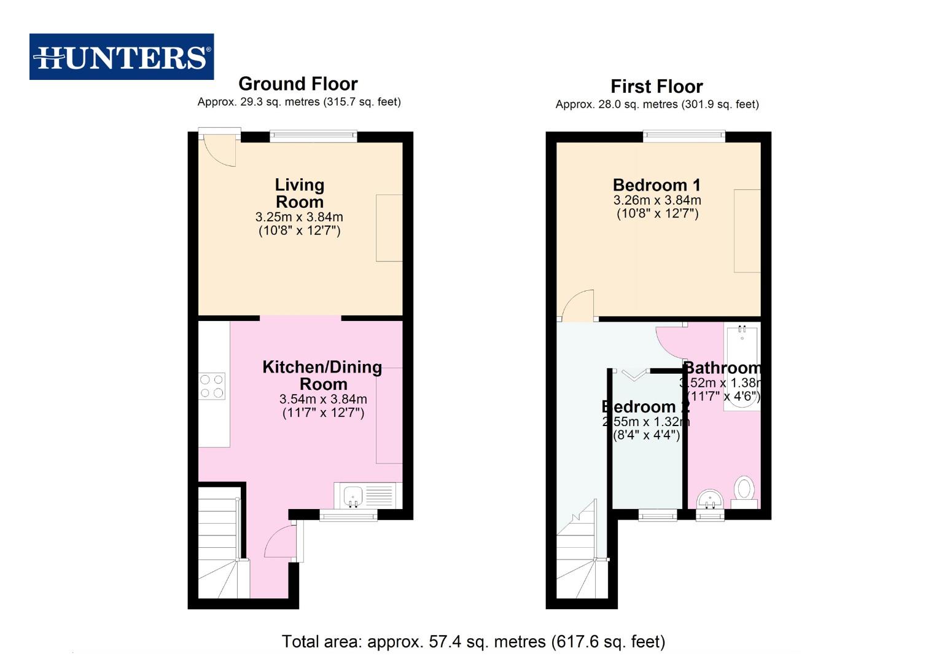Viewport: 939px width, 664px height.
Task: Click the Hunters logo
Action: tap(122, 57)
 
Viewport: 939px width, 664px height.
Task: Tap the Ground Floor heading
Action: tap(298, 84)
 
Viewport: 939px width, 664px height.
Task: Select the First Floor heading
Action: tap(656, 86)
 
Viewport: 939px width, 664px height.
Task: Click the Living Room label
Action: tap(299, 193)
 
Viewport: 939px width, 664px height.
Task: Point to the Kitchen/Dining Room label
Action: tap(322, 375)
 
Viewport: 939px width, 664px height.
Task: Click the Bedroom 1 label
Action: tap(657, 184)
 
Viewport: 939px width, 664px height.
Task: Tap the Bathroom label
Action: tap(722, 368)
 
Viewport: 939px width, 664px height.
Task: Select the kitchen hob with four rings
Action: tap(211, 386)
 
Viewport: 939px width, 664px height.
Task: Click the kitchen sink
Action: tap(353, 495)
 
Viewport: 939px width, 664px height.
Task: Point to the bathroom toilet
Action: tap(744, 491)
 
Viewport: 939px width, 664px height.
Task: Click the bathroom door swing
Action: tap(671, 342)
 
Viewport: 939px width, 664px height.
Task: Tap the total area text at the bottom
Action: tap(473, 642)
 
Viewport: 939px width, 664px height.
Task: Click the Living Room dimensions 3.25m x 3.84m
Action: tap(299, 217)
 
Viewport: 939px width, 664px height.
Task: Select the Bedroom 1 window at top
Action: tap(684, 136)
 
